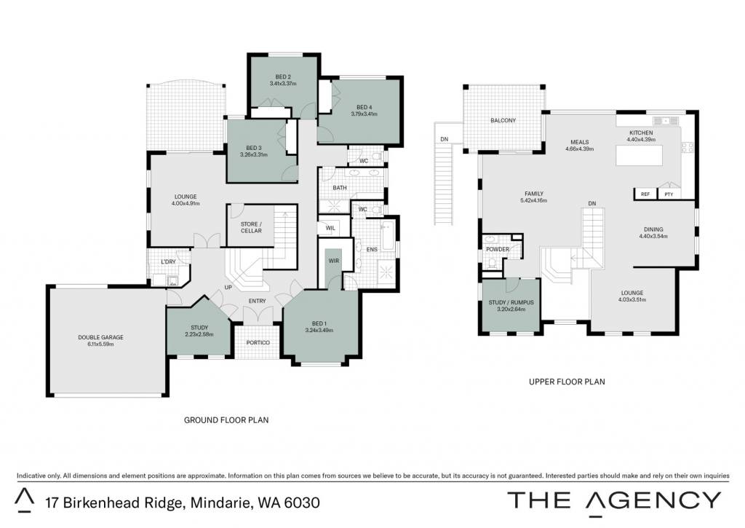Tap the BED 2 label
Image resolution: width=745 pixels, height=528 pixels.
[x=283, y=77]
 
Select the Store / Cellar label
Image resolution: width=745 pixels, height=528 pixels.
[x=251, y=227]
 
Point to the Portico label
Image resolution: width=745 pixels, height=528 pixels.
[x=258, y=342]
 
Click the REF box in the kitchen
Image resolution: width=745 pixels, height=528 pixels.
[x=645, y=194]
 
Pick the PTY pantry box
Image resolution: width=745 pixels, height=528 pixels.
[x=669, y=194]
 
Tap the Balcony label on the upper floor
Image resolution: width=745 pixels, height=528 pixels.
[x=503, y=120]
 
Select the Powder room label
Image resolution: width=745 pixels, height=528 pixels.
[x=498, y=249]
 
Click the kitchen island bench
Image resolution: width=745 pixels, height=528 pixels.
[x=639, y=156]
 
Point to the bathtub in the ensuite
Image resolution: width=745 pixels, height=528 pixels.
[x=389, y=236]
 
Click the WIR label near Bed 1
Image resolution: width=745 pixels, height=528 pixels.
[x=334, y=261]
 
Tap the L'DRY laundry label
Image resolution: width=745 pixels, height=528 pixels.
[x=168, y=262]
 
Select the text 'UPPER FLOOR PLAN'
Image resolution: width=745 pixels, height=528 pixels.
[x=567, y=382]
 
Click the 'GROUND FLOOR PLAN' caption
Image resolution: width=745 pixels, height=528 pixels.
[x=226, y=420]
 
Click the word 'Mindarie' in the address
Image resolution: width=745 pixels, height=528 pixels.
[x=218, y=503]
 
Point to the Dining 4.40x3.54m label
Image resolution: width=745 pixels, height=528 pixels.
[x=653, y=232]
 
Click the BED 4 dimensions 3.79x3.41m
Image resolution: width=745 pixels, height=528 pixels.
[x=364, y=114]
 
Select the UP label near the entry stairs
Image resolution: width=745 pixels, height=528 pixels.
[x=228, y=288]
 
